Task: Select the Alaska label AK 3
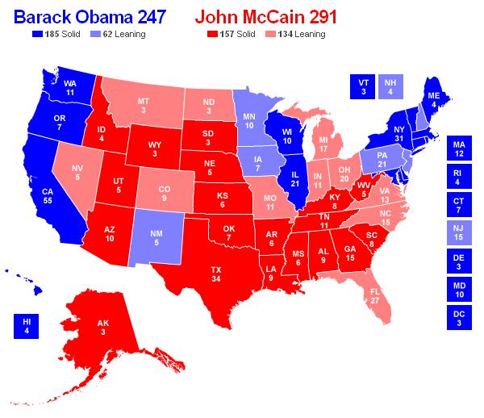click(x=103, y=327)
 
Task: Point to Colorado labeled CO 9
click(x=164, y=193)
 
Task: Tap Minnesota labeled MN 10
click(x=251, y=121)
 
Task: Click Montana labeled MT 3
click(x=143, y=106)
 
